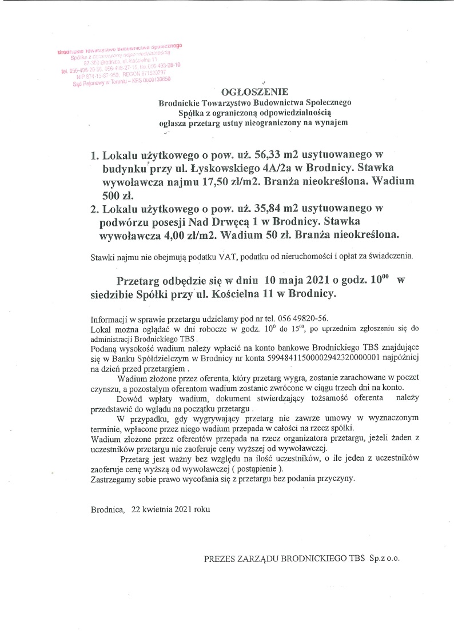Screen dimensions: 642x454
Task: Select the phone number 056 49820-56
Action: click(x=306, y=318)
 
